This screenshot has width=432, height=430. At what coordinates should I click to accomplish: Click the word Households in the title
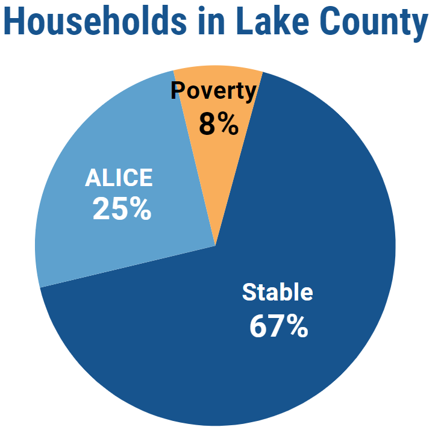[95, 21]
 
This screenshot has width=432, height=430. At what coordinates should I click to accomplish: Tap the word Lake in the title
[273, 21]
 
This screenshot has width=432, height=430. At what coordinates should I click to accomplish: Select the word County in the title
[374, 23]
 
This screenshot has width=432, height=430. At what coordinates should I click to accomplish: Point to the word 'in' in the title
[211, 21]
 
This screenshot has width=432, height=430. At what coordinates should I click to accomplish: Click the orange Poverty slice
[218, 154]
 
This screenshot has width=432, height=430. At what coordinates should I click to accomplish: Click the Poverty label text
[213, 91]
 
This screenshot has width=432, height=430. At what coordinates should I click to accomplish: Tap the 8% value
[219, 124]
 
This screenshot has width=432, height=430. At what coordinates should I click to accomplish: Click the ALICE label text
[119, 178]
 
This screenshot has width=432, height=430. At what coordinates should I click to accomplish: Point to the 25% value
[122, 208]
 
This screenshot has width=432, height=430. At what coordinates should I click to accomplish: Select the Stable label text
[277, 291]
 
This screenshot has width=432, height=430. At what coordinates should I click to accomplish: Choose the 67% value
[278, 326]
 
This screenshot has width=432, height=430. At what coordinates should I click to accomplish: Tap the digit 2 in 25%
[101, 208]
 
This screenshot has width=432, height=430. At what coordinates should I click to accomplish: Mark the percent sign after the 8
[228, 124]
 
